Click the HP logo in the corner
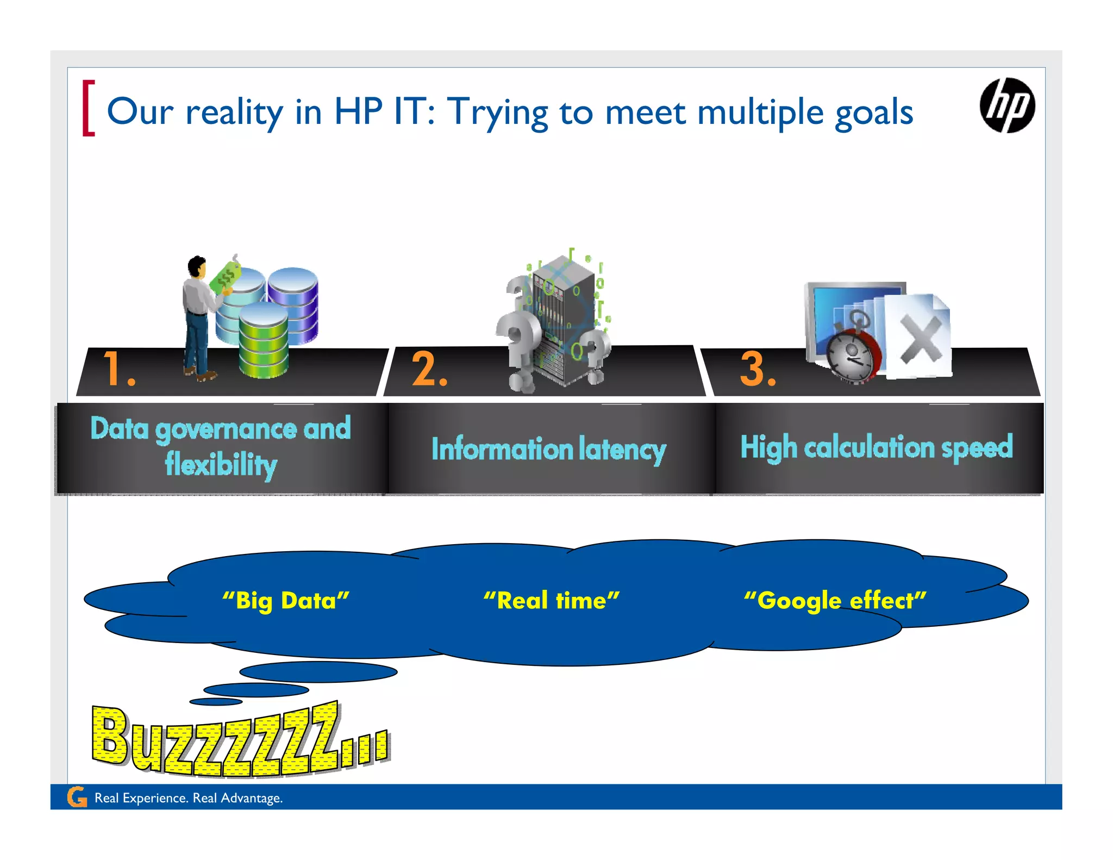[1007, 105]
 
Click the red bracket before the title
[88, 108]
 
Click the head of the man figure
[197, 266]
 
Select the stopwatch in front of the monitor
[852, 353]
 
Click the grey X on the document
[921, 340]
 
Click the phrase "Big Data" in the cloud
[286, 601]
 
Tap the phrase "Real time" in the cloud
[552, 601]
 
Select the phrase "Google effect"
[835, 601]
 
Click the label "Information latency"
[548, 450]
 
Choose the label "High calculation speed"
[877, 447]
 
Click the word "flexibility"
[221, 465]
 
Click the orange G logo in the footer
[77, 797]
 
